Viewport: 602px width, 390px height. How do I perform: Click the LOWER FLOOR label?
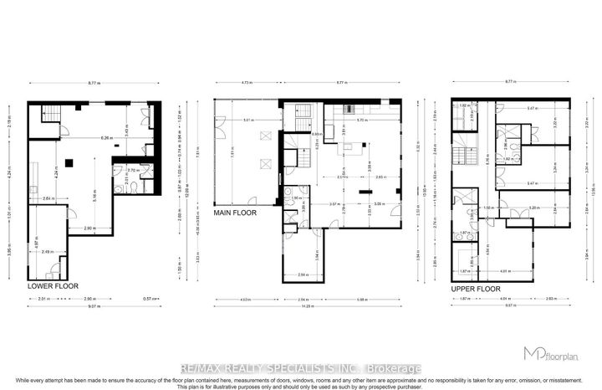click(x=51, y=286)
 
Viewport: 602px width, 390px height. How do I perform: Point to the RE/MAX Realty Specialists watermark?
click(x=301, y=368)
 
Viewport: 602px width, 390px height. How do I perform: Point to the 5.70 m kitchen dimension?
click(x=360, y=121)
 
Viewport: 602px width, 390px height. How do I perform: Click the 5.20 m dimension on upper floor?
click(x=511, y=207)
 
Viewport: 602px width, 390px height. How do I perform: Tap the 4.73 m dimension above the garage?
click(x=245, y=83)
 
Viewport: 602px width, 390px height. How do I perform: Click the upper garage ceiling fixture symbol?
click(x=267, y=135)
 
